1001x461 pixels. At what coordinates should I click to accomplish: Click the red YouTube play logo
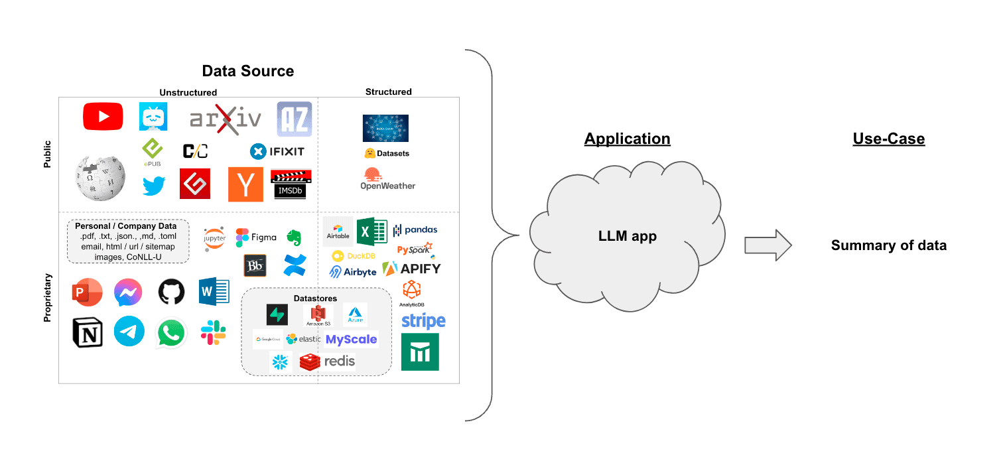click(103, 117)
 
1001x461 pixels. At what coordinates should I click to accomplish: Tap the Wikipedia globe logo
click(100, 177)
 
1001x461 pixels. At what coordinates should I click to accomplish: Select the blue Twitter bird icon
click(153, 185)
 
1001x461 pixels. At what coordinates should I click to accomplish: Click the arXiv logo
click(226, 119)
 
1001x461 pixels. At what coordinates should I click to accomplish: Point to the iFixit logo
click(277, 152)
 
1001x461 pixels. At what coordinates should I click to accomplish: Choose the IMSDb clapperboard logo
click(291, 184)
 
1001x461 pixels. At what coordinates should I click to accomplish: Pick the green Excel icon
click(371, 231)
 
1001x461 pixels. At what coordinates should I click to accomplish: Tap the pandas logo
click(415, 230)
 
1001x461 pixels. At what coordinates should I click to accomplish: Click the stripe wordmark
click(423, 322)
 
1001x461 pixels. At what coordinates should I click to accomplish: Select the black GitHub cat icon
click(171, 292)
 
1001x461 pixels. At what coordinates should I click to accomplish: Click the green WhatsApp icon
click(170, 333)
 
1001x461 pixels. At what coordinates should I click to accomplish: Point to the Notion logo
click(88, 332)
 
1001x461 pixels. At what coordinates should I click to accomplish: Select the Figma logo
click(256, 237)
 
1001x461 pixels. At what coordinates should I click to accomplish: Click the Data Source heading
click(247, 71)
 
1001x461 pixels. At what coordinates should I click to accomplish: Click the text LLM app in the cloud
click(627, 235)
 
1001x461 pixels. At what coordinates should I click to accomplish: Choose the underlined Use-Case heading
click(888, 139)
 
